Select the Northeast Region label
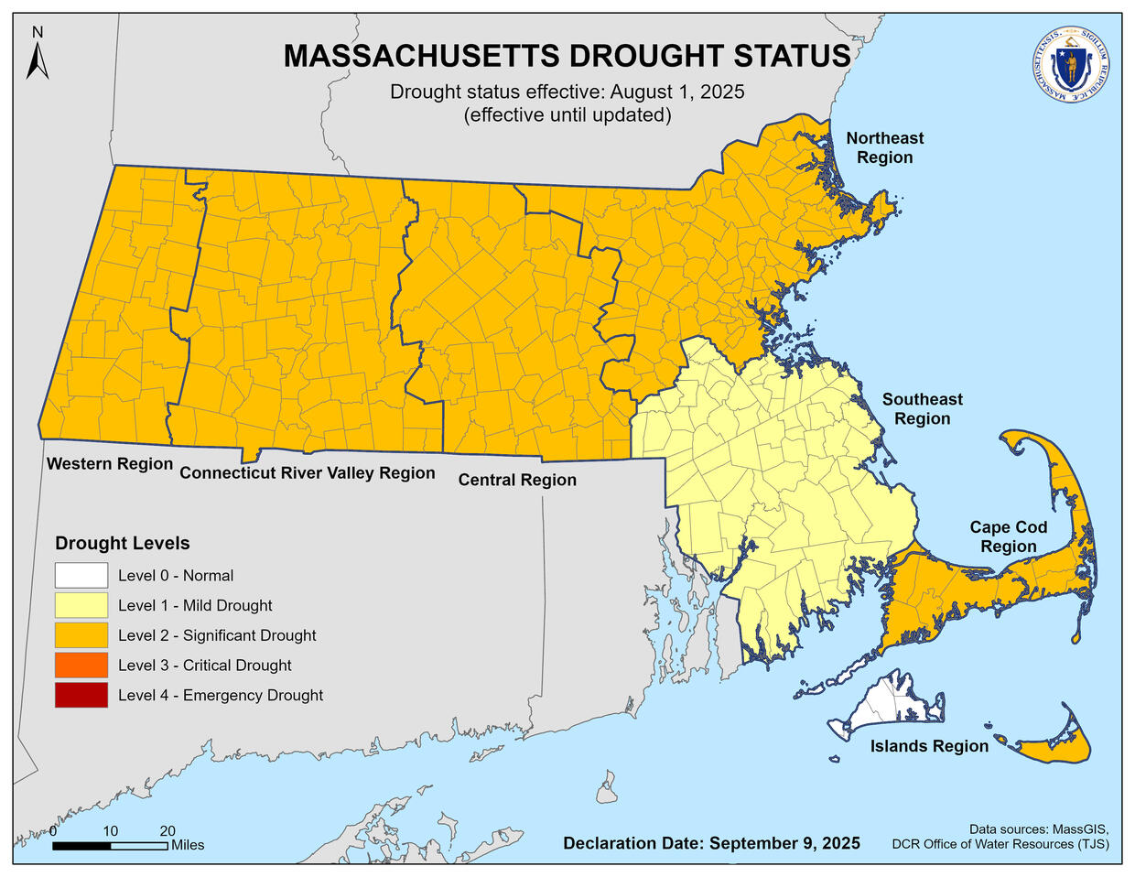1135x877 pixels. tap(884, 147)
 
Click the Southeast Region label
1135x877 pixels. tap(922, 409)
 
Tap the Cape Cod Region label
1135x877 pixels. tap(1008, 537)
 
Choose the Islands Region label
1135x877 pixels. tap(929, 746)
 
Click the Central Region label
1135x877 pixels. tap(517, 480)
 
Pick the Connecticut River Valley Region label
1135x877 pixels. tap(307, 472)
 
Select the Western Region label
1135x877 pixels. tap(110, 463)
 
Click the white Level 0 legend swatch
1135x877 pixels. tap(81, 576)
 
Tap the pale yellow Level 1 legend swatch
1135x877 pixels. tap(81, 605)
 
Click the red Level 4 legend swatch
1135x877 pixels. tap(81, 696)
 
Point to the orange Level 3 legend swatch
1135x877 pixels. tap(81, 666)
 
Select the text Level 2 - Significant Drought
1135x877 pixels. tap(217, 635)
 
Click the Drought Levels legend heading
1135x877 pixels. tap(123, 543)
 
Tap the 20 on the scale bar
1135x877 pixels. tap(168, 831)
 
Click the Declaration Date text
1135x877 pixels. tap(711, 843)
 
